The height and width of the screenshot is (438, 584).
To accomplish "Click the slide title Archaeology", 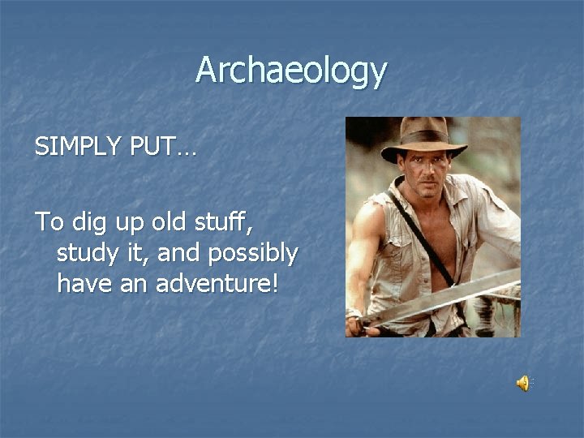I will pyautogui.click(x=290, y=71).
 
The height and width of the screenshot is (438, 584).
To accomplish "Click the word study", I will pyautogui.click(x=86, y=254).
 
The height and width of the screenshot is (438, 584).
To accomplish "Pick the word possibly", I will pyautogui.click(x=252, y=254).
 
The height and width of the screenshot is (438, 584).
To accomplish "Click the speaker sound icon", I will pyautogui.click(x=523, y=383).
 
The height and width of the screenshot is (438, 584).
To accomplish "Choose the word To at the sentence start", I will pyautogui.click(x=47, y=221).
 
